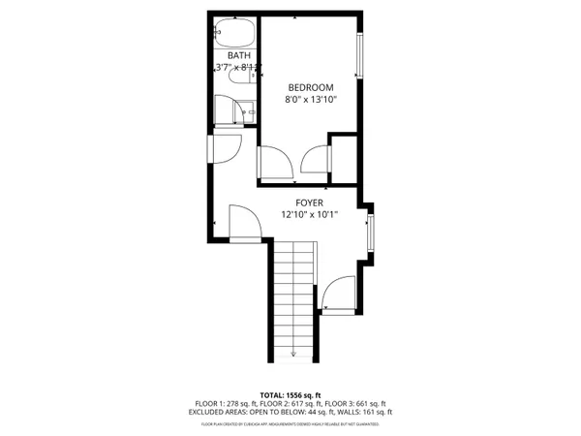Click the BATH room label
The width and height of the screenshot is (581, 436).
point(238,56)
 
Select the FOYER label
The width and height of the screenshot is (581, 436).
point(310,202)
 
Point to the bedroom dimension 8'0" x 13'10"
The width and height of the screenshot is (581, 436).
point(310,99)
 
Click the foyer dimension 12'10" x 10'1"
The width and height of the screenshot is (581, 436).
point(310,214)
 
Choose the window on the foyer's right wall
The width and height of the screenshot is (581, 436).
point(372,235)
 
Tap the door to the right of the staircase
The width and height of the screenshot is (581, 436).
point(338,295)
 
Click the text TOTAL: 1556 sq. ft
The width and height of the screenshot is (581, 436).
point(290,394)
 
